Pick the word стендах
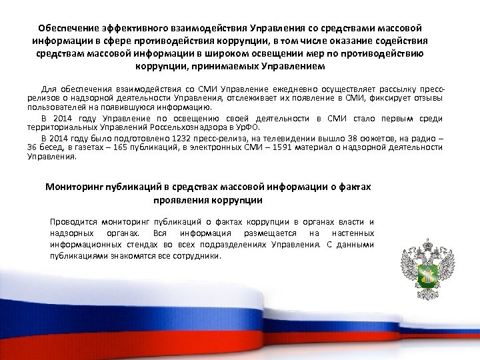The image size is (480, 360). (137, 245)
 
